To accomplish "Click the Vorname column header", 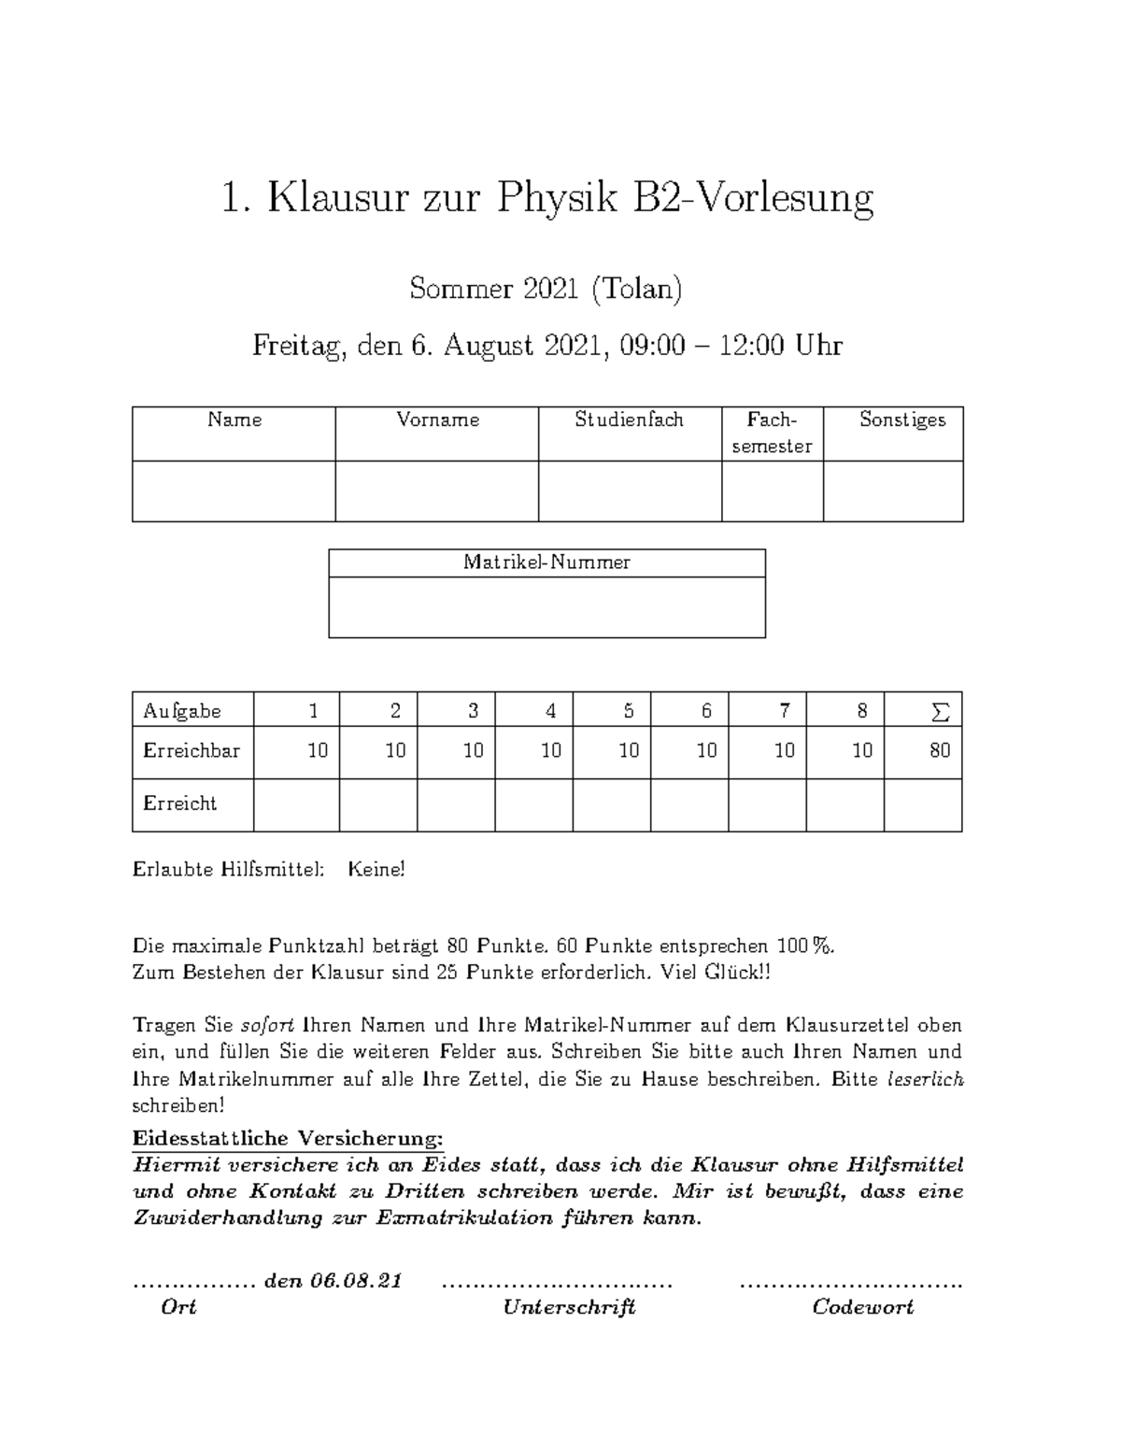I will [x=437, y=420].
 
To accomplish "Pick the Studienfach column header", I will [x=629, y=420].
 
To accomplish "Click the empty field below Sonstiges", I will [x=892, y=491].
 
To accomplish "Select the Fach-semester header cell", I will [x=772, y=433].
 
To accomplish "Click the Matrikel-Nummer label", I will [x=546, y=562].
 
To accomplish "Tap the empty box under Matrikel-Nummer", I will [x=546, y=607].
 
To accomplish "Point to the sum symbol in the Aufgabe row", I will [x=940, y=712].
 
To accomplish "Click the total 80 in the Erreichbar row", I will [x=940, y=750].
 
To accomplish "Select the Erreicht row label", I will [x=179, y=804].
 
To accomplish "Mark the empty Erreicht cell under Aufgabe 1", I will [x=296, y=804].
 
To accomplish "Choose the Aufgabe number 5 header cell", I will [x=628, y=712].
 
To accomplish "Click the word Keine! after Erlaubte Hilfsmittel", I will [x=376, y=870].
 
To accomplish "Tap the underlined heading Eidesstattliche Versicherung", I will [x=288, y=1139].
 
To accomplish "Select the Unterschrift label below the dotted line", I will [x=569, y=1307].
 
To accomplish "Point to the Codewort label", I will [x=862, y=1307].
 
